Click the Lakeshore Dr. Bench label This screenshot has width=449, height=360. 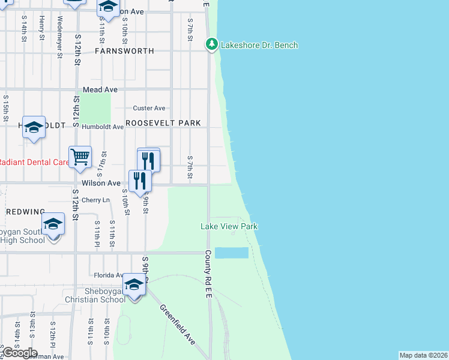pos(259,45)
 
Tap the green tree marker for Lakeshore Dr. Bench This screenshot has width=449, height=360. pos(211,44)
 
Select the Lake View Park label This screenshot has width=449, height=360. pos(229,226)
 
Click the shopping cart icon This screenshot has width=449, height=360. pos(80,158)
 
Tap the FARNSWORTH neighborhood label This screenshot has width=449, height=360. pos(124,51)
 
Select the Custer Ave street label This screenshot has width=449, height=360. pos(149,108)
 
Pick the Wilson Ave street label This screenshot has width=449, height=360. pos(101,183)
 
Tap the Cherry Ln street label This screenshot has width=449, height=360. pos(96,200)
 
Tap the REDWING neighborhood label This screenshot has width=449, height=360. pos(25,212)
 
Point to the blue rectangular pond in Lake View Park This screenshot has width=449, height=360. pos(232,253)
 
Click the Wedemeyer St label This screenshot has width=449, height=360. pos(59,37)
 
